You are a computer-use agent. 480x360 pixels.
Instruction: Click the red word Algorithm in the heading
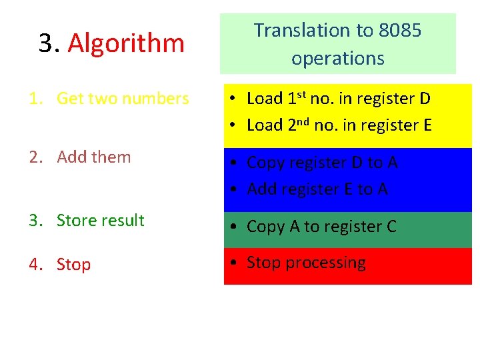[x=126, y=43]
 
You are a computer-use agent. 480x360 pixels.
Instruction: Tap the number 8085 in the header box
[x=400, y=30]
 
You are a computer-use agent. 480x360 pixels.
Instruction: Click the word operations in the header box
[x=338, y=58]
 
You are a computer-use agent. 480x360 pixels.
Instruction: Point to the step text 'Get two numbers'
[x=123, y=99]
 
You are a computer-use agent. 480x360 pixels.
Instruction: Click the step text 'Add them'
[x=94, y=157]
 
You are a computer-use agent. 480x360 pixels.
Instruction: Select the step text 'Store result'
[x=101, y=221]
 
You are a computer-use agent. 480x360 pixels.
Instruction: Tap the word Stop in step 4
[x=73, y=265]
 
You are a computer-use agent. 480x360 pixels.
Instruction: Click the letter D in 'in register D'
[x=425, y=99]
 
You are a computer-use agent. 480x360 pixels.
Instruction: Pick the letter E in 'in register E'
[x=426, y=125]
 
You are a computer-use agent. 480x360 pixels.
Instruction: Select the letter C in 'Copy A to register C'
[x=391, y=227]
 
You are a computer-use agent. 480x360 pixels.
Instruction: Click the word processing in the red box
[x=326, y=263]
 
